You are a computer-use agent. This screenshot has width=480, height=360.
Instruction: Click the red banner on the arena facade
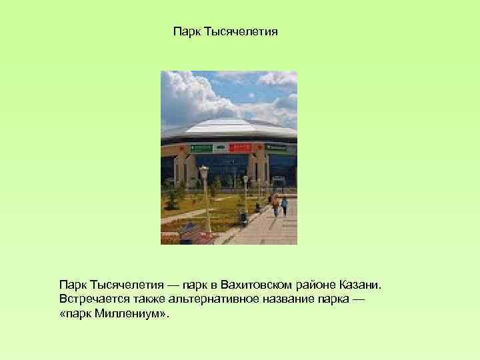tap(241, 147)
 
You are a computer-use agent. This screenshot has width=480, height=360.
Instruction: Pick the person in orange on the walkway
tap(275, 205)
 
